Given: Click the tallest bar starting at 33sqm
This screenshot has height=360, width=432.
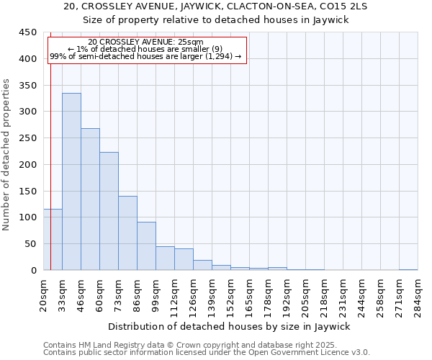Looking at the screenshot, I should click(x=71, y=181).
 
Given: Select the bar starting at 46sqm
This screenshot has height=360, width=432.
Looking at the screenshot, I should click(x=90, y=199).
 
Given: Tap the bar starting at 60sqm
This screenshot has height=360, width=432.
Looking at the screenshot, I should click(x=109, y=211).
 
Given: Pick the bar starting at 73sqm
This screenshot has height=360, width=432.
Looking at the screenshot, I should click(x=127, y=233).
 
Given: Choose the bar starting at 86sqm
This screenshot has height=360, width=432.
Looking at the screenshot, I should click(x=146, y=246).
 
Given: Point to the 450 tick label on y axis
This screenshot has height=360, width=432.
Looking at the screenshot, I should click(x=27, y=32).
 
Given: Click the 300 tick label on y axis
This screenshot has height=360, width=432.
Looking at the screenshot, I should click(x=27, y=112).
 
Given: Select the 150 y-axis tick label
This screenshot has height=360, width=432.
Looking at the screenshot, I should click(x=27, y=191).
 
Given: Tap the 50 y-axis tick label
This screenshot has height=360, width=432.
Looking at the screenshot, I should click(x=30, y=244).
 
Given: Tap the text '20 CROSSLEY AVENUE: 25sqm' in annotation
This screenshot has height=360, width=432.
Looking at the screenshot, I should click(x=146, y=42).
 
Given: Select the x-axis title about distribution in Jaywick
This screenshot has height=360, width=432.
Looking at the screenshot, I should click(x=233, y=326).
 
